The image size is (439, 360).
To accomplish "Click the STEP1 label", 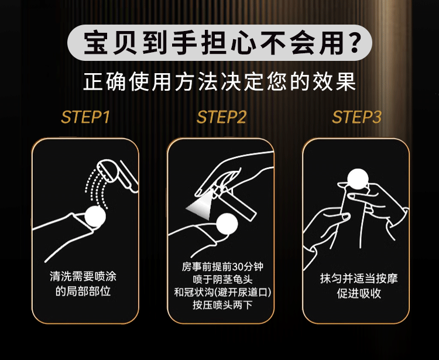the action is pos(85,117).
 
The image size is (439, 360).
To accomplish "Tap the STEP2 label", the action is pos(221,117).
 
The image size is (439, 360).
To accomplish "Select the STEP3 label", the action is pos(356,117).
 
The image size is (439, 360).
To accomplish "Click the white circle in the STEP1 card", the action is pos(95,216).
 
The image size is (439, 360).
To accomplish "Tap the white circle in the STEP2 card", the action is pos(227,224).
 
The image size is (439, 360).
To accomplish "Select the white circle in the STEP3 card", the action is pos(358,179).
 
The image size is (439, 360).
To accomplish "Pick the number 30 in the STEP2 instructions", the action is pos(238,267).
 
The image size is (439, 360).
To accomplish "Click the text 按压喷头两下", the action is pos(222,304).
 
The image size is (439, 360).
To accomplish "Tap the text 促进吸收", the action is pos(359,293).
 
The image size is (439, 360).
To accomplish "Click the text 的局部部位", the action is pos(83,291).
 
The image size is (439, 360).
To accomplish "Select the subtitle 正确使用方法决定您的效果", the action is pos(220,82).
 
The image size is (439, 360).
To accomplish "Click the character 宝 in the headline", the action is pos(96,43).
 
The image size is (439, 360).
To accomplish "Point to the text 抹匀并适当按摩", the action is pos(359,279).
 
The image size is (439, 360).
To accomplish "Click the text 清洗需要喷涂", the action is pos(83,276).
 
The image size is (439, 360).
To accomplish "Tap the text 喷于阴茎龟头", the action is pos(222,279).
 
